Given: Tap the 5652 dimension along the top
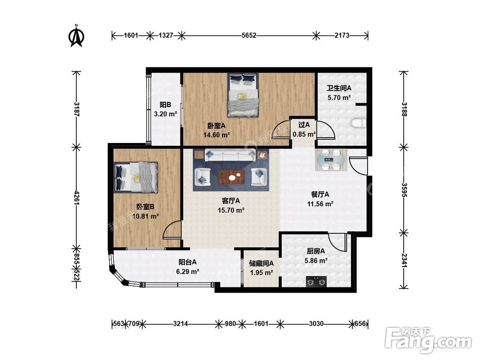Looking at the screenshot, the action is pyautogui.click(x=249, y=36).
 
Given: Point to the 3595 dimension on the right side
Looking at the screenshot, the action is pyautogui.click(x=404, y=190).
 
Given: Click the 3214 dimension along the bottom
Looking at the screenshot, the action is pyautogui.click(x=180, y=324).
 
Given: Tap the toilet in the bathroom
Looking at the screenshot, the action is pyautogui.click(x=359, y=123).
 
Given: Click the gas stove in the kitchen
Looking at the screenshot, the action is pyautogui.click(x=316, y=281).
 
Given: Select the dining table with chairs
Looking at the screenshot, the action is pyautogui.click(x=332, y=160).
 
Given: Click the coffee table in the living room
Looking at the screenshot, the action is pyautogui.click(x=231, y=177).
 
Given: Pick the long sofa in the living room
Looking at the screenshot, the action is pyautogui.click(x=230, y=155).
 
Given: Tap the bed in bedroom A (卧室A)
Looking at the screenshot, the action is pyautogui.click(x=243, y=95).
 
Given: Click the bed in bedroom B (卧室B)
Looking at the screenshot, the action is pyautogui.click(x=136, y=177).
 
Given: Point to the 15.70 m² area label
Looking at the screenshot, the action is pyautogui.click(x=231, y=210).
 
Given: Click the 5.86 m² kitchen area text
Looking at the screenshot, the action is pyautogui.click(x=316, y=261).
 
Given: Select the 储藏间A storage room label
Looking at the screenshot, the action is pyautogui.click(x=261, y=263).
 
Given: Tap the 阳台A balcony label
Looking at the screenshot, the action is pyautogui.click(x=187, y=262).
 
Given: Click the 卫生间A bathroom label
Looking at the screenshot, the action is pyautogui.click(x=339, y=88).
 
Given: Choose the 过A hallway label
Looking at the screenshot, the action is pyautogui.click(x=304, y=125).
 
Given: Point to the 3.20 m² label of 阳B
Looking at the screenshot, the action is pyautogui.click(x=165, y=115).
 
